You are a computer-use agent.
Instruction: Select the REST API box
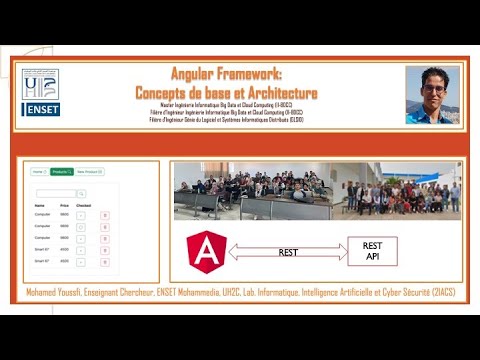coord(372,251)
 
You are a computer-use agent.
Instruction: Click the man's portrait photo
coord(433,95)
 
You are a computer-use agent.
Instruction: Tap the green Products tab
coord(61,171)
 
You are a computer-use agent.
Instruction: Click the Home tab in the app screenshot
coord(38,171)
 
